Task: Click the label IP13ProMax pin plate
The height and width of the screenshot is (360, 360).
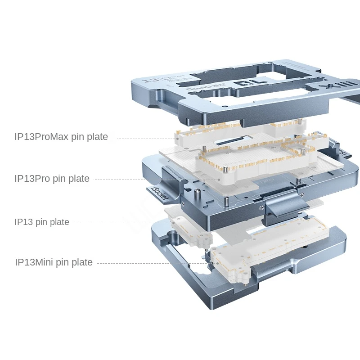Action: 61,137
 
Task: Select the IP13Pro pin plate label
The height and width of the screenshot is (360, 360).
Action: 52,179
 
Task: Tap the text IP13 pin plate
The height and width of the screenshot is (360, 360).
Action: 42,222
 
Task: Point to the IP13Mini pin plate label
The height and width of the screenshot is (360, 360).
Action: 54,262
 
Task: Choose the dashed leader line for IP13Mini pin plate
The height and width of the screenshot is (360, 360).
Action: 148,263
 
